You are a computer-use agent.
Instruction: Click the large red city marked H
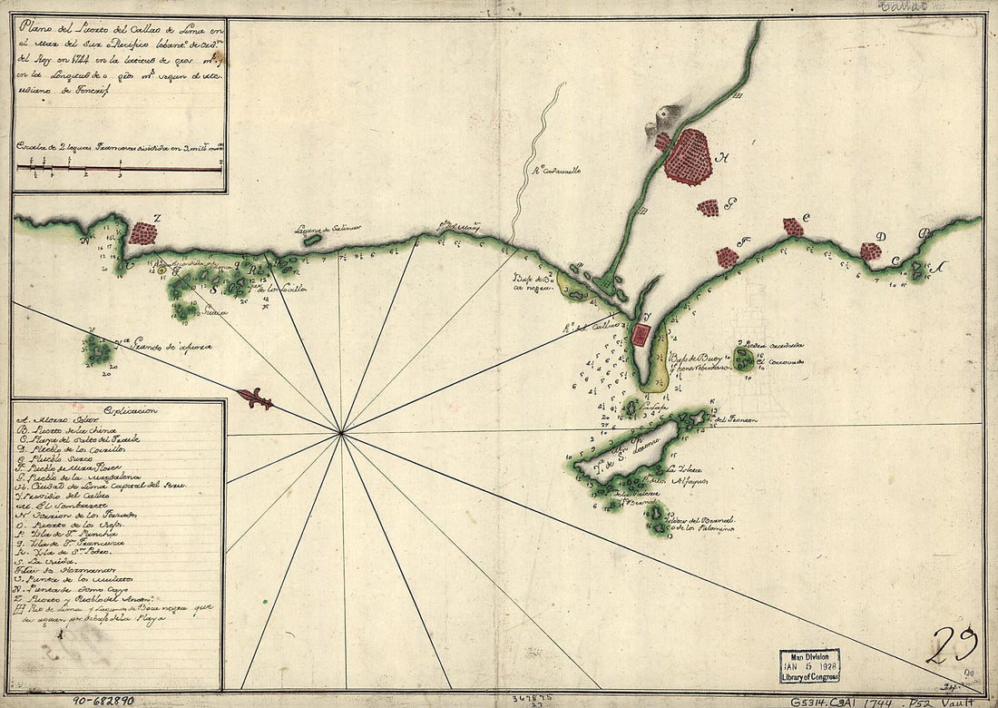[x=687, y=156]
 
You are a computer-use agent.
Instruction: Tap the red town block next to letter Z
[x=143, y=232]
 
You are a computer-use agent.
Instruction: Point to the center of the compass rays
[x=341, y=433]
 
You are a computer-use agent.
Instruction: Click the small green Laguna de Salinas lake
[x=311, y=241]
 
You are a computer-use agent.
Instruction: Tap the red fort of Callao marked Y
[x=641, y=336]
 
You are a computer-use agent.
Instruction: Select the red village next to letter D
[x=870, y=251]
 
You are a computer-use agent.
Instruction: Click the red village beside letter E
[x=793, y=227]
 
